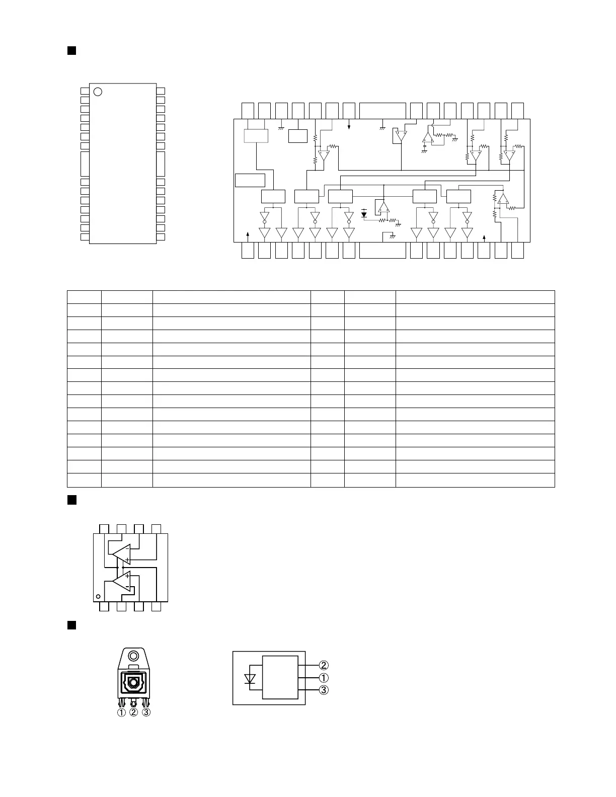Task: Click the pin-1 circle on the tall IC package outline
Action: click(98, 92)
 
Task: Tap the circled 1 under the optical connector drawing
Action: click(121, 712)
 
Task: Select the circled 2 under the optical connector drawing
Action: click(133, 712)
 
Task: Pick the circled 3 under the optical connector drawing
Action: click(146, 712)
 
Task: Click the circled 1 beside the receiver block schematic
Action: click(324, 678)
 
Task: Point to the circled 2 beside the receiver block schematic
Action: click(324, 666)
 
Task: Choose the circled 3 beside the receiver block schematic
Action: click(324, 690)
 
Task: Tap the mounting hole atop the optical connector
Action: click(133, 657)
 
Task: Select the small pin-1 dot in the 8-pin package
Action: click(98, 597)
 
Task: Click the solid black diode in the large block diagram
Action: click(364, 214)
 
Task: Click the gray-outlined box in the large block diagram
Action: click(256, 136)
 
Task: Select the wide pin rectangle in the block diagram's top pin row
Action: click(382, 109)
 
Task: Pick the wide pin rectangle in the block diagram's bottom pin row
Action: click(382, 251)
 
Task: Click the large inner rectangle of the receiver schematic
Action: click(280, 677)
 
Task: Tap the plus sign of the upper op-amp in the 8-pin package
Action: click(127, 560)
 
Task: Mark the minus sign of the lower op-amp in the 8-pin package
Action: click(127, 587)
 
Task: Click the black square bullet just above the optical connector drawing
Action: click(71, 625)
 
